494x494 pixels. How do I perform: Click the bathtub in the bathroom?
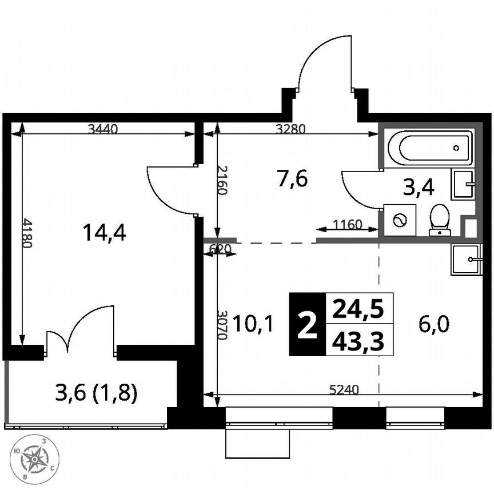point(430,148)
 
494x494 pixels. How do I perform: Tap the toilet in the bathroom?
point(439,220)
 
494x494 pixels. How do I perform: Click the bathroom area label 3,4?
point(419,187)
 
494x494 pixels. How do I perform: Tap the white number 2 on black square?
point(307,325)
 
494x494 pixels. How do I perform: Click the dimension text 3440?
point(103,129)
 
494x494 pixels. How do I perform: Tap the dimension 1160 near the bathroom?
point(347,224)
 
